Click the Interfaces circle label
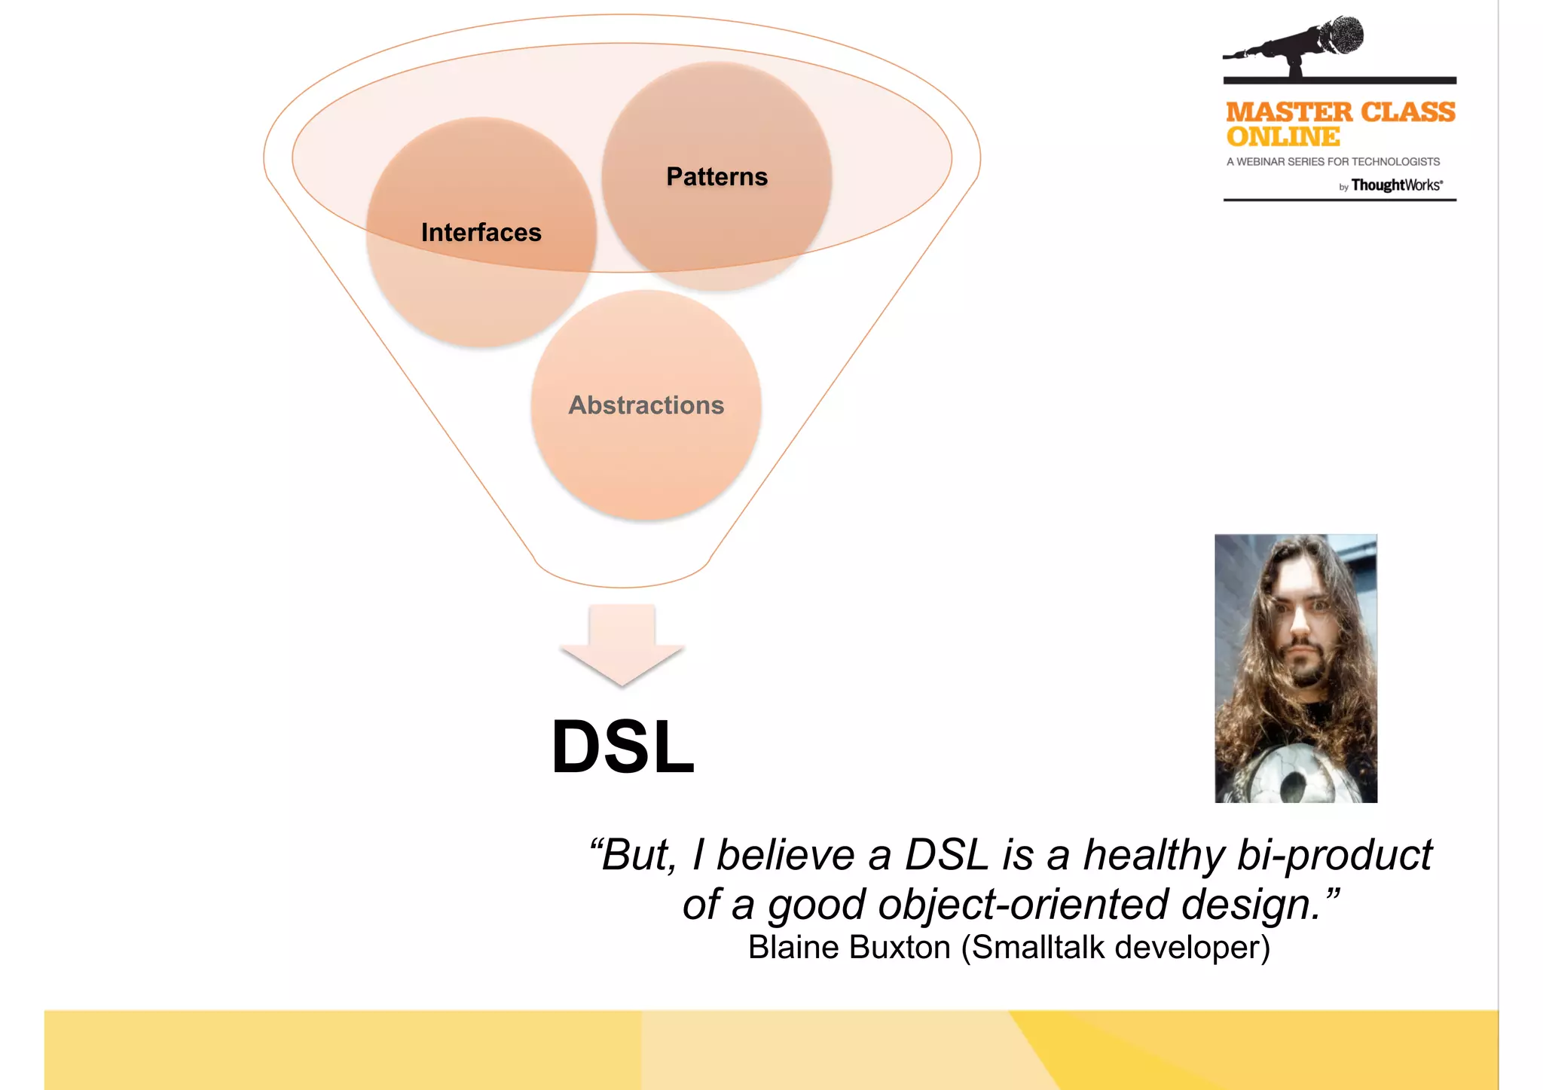click(x=481, y=233)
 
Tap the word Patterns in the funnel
click(x=717, y=177)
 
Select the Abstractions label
click(x=646, y=405)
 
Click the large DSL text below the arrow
click(x=622, y=747)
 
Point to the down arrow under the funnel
click(x=622, y=645)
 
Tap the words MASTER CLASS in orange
click(x=1340, y=112)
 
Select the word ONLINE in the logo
click(x=1282, y=137)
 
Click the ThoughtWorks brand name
click(x=1395, y=185)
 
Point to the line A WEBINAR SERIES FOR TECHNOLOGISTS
click(x=1332, y=162)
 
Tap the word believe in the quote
click(x=784, y=856)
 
